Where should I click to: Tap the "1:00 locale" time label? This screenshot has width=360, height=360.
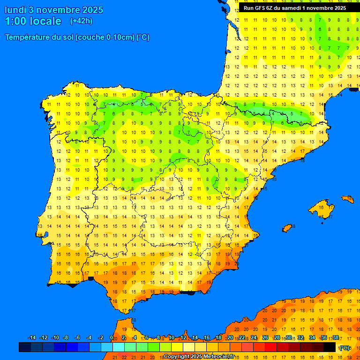pos(33,21)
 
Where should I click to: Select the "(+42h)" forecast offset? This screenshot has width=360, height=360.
pos(81,21)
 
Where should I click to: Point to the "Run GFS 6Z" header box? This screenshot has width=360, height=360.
pos(295,8)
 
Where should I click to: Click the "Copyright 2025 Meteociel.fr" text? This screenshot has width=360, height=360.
pos(199,356)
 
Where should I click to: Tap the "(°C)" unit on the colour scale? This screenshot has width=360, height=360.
pos(345,347)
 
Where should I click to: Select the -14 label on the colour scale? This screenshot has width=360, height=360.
pos(32,338)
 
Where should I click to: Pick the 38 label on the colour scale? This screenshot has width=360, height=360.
pos(335,338)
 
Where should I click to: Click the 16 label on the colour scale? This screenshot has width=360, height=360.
pos(207,338)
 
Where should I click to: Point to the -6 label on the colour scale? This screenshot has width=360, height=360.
pos(77,338)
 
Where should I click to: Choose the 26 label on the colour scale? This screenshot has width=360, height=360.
pos(265,338)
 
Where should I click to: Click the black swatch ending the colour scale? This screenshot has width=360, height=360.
pos(330,347)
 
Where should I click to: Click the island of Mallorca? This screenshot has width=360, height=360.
pos(321,206)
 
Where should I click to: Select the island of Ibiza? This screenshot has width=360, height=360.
pos(287,228)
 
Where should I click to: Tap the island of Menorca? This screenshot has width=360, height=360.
pos(348,199)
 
